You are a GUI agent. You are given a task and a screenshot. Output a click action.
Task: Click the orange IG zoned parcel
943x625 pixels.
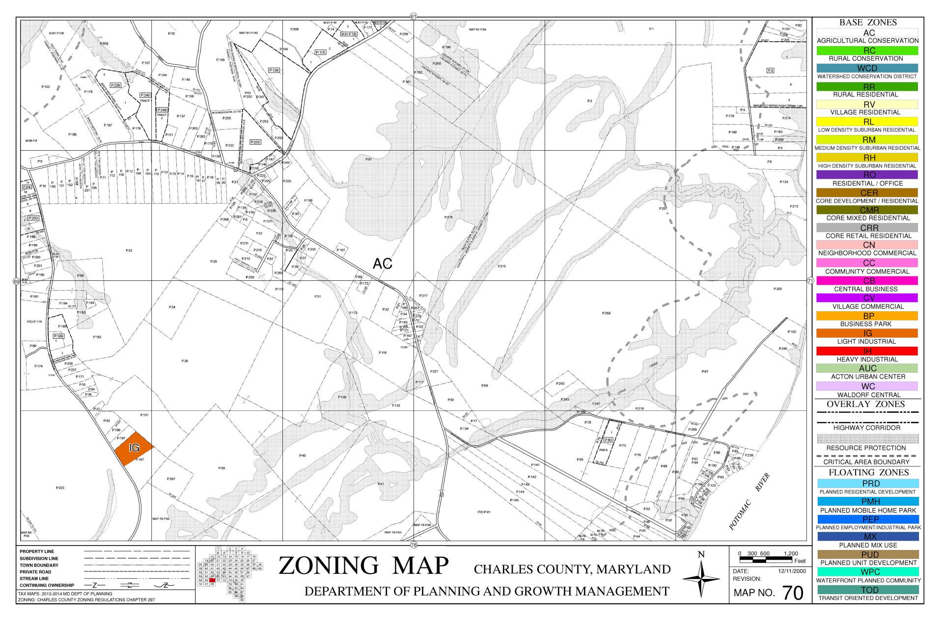click(133, 448)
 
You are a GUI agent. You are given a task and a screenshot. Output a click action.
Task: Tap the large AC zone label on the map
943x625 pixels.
click(383, 264)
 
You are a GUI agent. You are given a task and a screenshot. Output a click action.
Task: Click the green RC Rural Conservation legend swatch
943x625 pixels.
click(867, 51)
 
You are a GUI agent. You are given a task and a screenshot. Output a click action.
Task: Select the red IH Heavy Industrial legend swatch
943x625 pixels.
click(867, 351)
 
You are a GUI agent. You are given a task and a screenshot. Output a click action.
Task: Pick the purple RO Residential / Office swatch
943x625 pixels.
click(867, 175)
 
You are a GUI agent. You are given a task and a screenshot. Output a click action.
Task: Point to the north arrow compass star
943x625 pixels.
click(701, 579)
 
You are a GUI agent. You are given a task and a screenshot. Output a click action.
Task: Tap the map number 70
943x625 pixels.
click(793, 593)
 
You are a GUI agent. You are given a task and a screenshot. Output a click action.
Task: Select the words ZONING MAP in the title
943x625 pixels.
click(363, 566)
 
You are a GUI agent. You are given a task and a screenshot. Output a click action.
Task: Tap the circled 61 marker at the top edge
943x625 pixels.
click(414, 16)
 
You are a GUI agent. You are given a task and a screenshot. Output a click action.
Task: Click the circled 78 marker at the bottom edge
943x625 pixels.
click(414, 545)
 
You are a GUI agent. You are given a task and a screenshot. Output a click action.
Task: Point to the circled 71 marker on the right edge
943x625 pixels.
click(810, 281)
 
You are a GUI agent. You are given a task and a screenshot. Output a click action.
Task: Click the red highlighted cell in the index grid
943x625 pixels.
click(212, 580)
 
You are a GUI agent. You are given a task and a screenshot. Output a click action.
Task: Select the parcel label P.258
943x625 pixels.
click(606, 313)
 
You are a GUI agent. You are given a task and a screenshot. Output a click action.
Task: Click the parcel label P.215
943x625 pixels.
click(501, 266)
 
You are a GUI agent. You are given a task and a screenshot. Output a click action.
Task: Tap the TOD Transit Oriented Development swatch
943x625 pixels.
click(867, 590)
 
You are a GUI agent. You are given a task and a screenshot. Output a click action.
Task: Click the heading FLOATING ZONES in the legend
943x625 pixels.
click(868, 472)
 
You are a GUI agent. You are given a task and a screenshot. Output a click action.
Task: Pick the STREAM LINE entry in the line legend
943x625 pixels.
click(34, 578)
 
